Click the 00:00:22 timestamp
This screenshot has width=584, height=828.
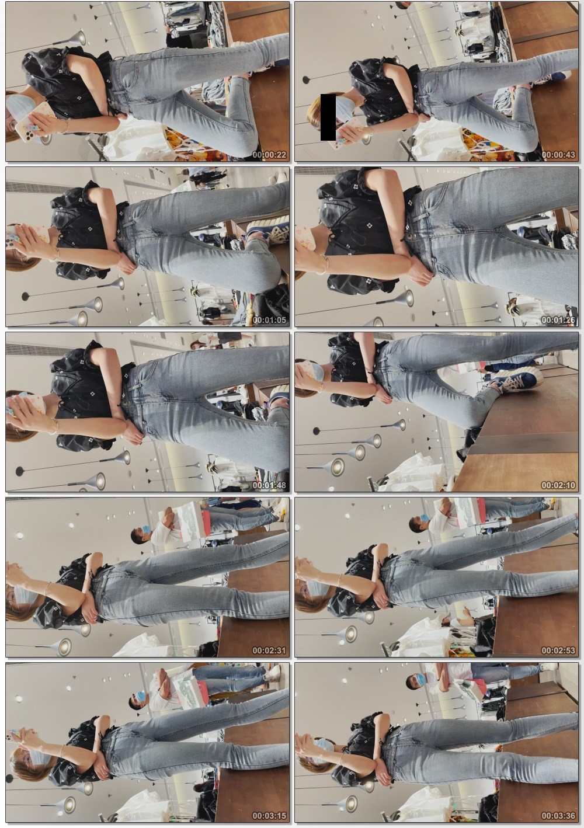(x=269, y=155)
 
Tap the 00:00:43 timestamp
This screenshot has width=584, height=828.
(x=558, y=155)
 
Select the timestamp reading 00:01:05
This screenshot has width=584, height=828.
(x=269, y=320)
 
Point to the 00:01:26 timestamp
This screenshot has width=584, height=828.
(x=558, y=320)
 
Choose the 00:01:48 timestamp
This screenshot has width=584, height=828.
(x=269, y=485)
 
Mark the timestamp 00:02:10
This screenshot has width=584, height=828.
(x=558, y=485)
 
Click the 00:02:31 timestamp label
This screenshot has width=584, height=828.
(x=269, y=650)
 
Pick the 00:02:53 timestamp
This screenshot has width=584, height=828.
(x=558, y=650)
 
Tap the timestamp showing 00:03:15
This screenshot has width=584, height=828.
(x=269, y=816)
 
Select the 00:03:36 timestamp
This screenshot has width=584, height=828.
(x=558, y=816)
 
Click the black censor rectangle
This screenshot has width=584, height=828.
(x=328, y=117)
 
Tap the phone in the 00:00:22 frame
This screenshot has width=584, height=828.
(x=35, y=123)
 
